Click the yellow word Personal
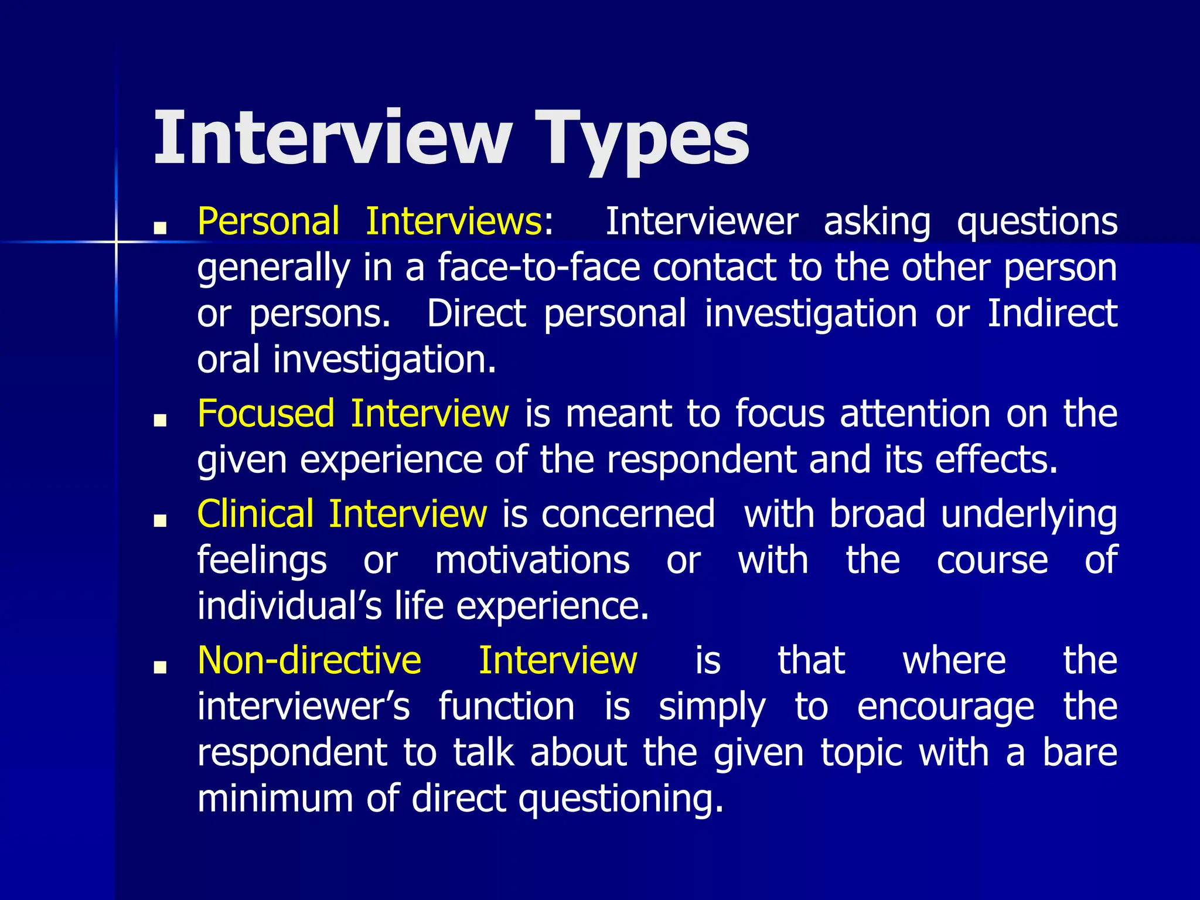click(x=268, y=221)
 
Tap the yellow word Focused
click(x=266, y=414)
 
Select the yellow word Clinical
click(x=255, y=514)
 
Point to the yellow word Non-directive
click(x=309, y=660)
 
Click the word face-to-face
click(x=539, y=268)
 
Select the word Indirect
click(x=1052, y=313)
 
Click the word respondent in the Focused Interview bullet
click(x=701, y=460)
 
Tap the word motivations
click(x=532, y=560)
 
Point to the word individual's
click(x=289, y=606)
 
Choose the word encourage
click(x=945, y=707)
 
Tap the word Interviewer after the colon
click(x=701, y=221)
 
